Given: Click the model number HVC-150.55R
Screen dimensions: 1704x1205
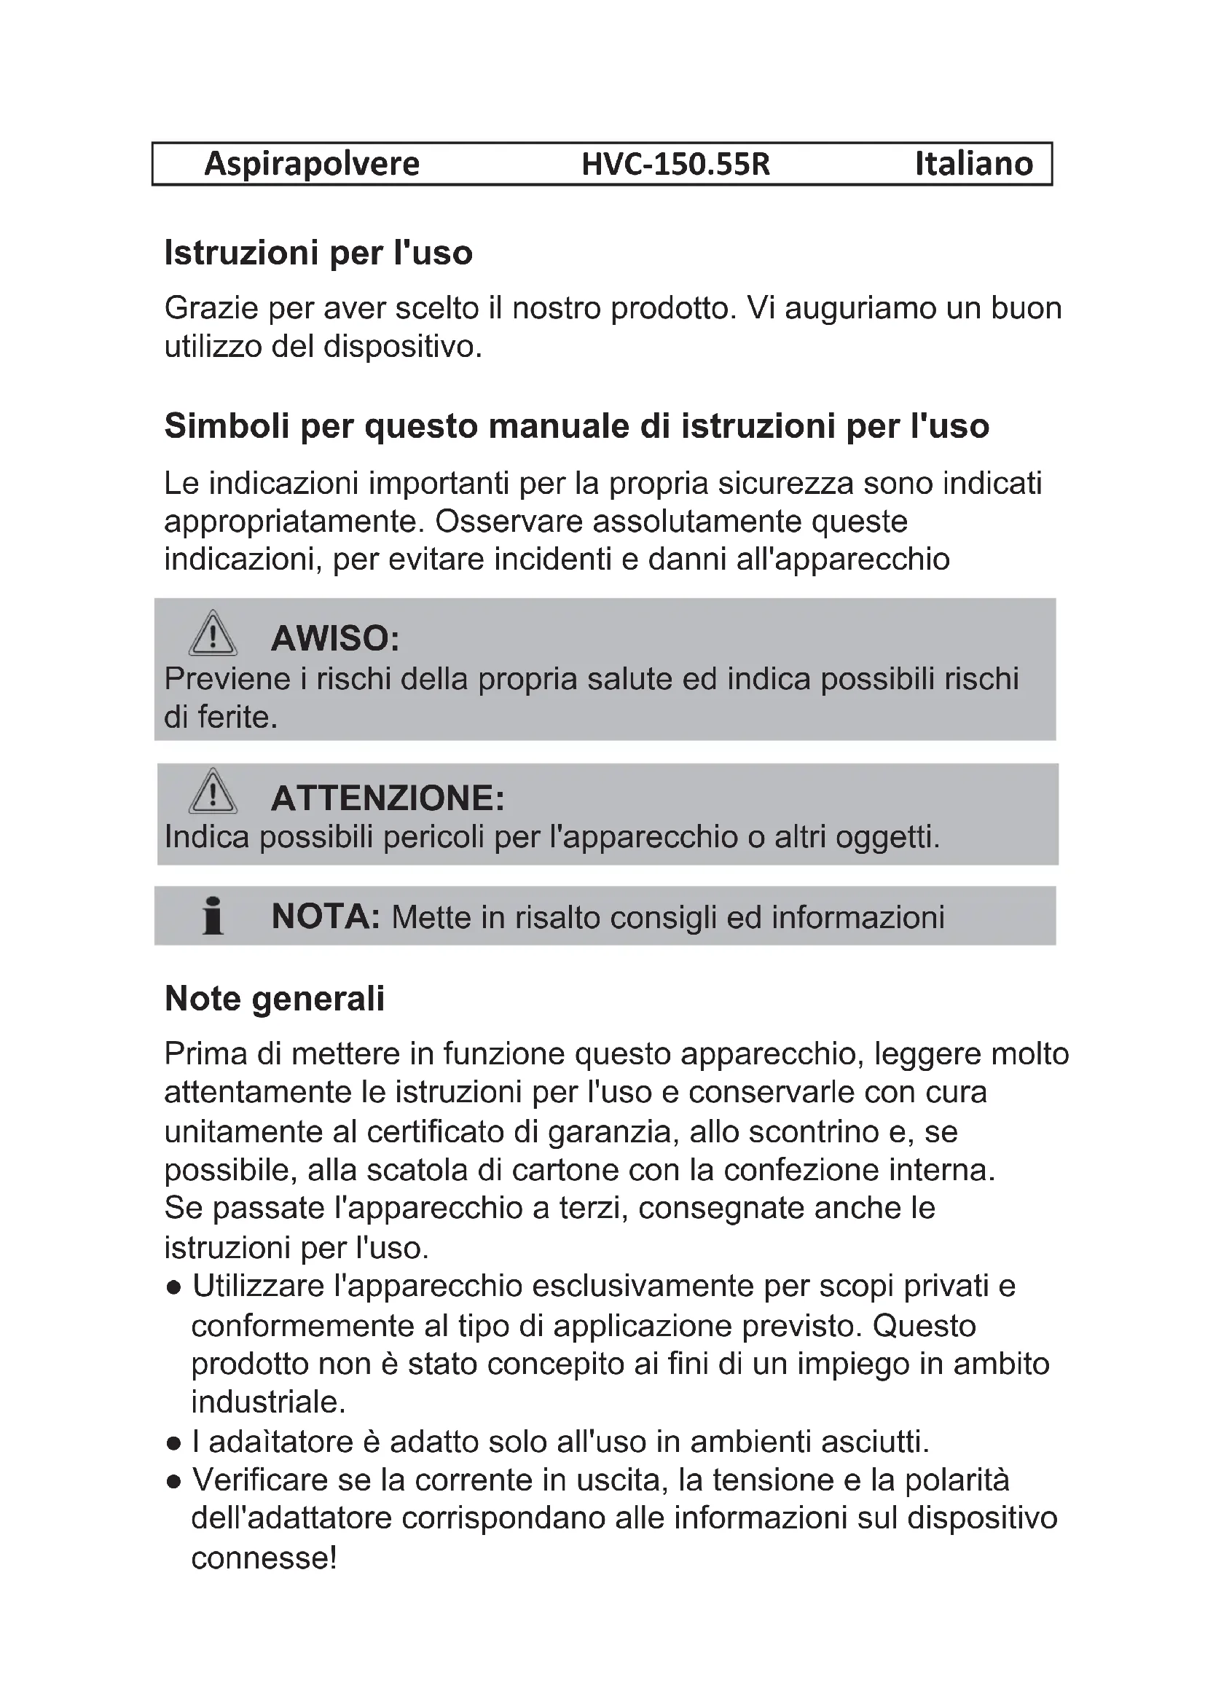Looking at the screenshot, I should click(x=675, y=164).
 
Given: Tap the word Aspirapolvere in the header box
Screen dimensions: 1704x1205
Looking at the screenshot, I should click(x=312, y=164).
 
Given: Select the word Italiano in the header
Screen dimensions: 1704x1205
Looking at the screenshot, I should click(x=973, y=164).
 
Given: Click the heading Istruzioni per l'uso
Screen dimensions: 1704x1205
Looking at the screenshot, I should click(x=318, y=253).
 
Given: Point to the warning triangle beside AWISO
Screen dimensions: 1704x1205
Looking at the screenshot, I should click(x=213, y=634).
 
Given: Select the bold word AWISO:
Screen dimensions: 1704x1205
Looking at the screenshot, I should click(x=334, y=638).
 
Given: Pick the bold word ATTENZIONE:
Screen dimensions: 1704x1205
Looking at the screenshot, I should click(x=388, y=798).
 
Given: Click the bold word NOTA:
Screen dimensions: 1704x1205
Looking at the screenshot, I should click(x=325, y=916).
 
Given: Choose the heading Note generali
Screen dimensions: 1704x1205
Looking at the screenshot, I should click(x=275, y=999).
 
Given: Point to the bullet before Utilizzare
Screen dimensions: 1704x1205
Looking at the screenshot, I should click(x=174, y=1287).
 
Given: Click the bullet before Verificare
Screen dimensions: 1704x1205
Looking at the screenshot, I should click(x=174, y=1482).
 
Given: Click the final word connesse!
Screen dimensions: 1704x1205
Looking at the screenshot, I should click(x=264, y=1558).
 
